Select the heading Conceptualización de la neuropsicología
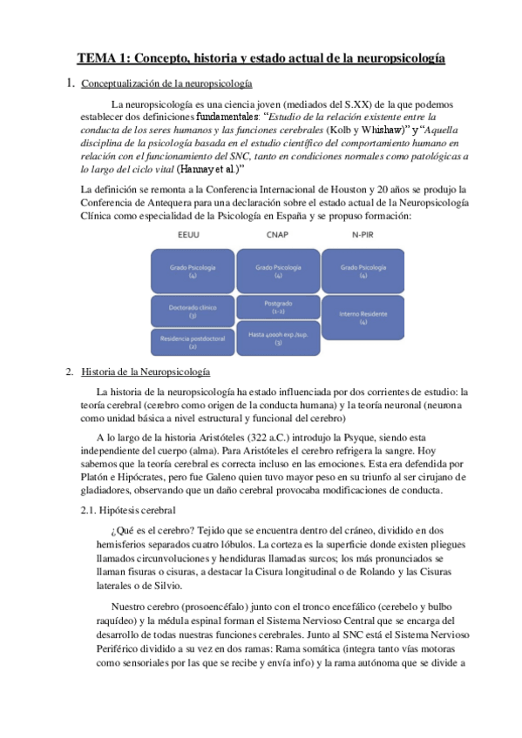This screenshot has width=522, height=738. coord(166,84)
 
